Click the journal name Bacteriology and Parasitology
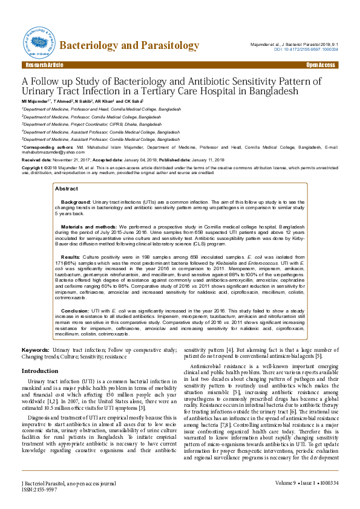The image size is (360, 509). (129, 46)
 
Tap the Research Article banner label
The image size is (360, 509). (44, 65)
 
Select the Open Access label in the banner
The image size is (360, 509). (320, 65)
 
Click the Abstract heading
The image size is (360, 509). (67, 172)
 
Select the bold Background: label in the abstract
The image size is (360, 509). (76, 184)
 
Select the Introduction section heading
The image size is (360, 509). (40, 371)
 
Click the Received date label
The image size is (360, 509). (34, 160)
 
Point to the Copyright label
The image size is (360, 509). (33, 167)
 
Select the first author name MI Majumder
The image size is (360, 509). (40, 101)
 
